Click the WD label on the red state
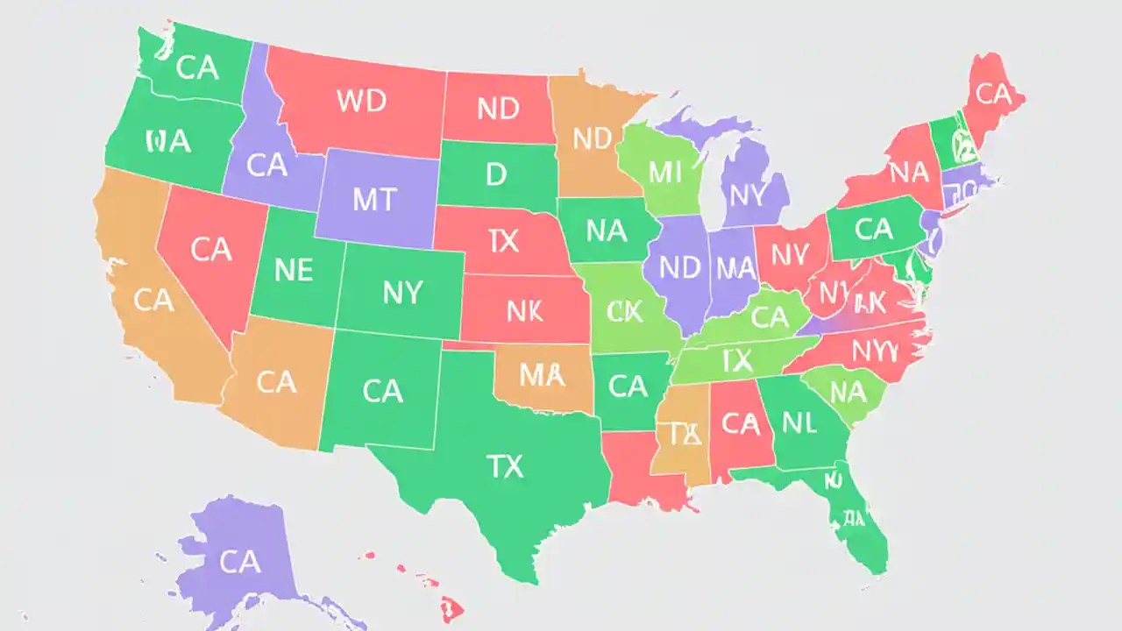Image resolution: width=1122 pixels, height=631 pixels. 361,101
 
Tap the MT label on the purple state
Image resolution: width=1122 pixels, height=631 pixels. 376,200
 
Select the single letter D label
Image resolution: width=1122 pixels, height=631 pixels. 496,174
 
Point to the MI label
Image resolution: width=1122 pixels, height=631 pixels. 664,172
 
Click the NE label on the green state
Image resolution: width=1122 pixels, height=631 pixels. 293,270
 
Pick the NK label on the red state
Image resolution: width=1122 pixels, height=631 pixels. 525,310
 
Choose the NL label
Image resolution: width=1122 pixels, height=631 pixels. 799,423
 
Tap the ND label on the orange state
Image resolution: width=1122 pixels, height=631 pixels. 592,138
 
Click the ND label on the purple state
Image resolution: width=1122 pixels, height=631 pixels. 680,268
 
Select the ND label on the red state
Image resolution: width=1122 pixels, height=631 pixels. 499,109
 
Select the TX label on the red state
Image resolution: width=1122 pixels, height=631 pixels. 503,242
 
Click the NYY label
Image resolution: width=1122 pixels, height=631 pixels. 875,351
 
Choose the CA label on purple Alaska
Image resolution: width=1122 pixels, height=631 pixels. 239,562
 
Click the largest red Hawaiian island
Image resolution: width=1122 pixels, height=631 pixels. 451,606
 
